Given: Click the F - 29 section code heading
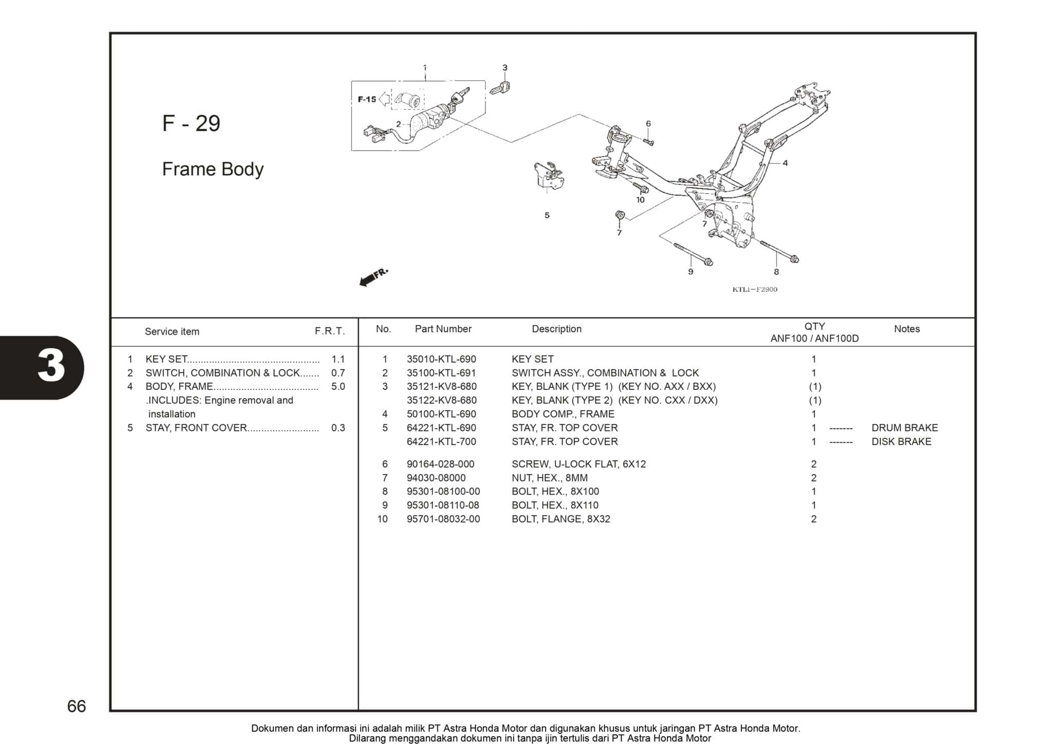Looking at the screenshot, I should (x=191, y=124).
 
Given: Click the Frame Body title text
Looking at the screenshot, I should (x=213, y=169).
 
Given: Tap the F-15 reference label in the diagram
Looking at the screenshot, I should (x=367, y=99).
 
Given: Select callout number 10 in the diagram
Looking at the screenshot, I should (x=640, y=200).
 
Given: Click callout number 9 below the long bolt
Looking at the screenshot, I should (x=690, y=272).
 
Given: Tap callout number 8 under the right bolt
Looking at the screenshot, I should (x=776, y=272).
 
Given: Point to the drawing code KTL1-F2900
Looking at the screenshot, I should (x=755, y=289).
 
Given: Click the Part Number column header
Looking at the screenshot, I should (x=443, y=329).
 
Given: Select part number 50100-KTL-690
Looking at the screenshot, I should (x=441, y=414).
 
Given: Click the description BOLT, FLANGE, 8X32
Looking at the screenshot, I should (x=560, y=519).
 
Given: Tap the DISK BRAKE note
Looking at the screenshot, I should (x=901, y=442).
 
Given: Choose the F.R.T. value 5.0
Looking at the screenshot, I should (x=338, y=387).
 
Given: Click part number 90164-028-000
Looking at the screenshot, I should (x=440, y=464).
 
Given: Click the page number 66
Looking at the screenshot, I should (x=77, y=706).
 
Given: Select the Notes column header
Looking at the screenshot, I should (x=907, y=329).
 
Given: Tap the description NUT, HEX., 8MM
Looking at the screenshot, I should (x=549, y=478).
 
